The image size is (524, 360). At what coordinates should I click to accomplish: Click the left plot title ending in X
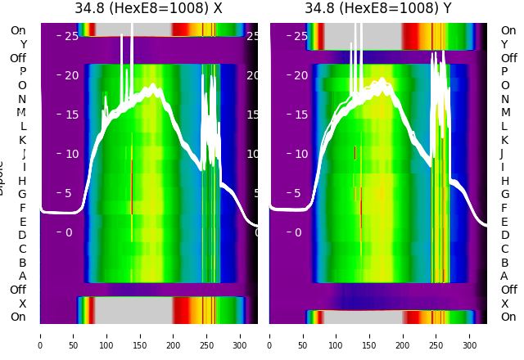click(x=148, y=9)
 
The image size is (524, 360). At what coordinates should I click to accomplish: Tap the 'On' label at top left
click(x=18, y=30)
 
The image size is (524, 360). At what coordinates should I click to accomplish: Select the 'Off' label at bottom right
click(x=508, y=290)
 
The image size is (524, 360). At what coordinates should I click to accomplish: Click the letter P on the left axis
click(x=22, y=72)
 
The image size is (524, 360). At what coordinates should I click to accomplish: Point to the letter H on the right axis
click(x=505, y=181)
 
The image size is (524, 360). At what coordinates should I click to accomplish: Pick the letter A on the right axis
click(x=505, y=277)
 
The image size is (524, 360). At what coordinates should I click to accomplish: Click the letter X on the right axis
click(x=505, y=304)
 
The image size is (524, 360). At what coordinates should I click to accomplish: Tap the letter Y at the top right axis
click(x=505, y=44)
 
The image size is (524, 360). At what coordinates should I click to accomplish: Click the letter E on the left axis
click(x=22, y=222)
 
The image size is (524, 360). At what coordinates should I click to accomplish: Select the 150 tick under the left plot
click(x=140, y=335)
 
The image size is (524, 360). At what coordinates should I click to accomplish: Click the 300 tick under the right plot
click(x=470, y=335)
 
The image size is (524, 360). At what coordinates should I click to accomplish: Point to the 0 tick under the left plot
click(x=40, y=335)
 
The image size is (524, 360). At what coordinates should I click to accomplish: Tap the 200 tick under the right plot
click(x=403, y=335)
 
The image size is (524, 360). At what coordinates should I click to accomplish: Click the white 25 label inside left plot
click(x=72, y=36)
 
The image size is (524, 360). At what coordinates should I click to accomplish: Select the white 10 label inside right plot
click(x=301, y=154)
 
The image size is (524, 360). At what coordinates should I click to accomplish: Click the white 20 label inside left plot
click(x=72, y=75)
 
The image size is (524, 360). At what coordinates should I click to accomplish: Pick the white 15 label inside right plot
click(x=301, y=115)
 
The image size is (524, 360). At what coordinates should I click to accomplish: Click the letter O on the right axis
click(x=505, y=85)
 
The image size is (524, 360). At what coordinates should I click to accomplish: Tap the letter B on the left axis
click(x=22, y=263)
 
